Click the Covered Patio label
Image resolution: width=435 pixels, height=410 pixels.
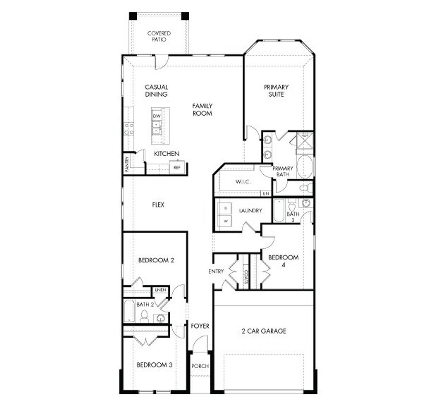[159, 36]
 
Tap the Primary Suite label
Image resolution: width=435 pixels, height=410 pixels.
[276, 91]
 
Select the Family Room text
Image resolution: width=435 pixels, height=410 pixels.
[202, 109]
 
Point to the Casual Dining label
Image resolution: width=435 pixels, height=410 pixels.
[156, 91]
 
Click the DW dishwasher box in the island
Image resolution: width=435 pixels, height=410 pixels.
[156, 116]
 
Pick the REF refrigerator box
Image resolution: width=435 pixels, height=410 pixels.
[177, 167]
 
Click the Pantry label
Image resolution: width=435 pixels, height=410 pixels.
[127, 164]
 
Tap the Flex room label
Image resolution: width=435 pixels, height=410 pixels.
[158, 205]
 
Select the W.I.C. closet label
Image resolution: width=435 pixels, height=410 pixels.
[243, 182]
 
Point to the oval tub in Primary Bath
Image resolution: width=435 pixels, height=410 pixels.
[305, 166]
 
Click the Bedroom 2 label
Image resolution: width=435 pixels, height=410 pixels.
[156, 261]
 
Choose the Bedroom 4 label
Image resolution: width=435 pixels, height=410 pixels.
[283, 261]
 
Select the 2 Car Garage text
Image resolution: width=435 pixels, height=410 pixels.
[264, 331]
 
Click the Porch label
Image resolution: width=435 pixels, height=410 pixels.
[200, 366]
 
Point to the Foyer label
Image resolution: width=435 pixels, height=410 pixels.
[200, 326]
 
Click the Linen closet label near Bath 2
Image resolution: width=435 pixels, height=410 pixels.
[160, 290]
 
